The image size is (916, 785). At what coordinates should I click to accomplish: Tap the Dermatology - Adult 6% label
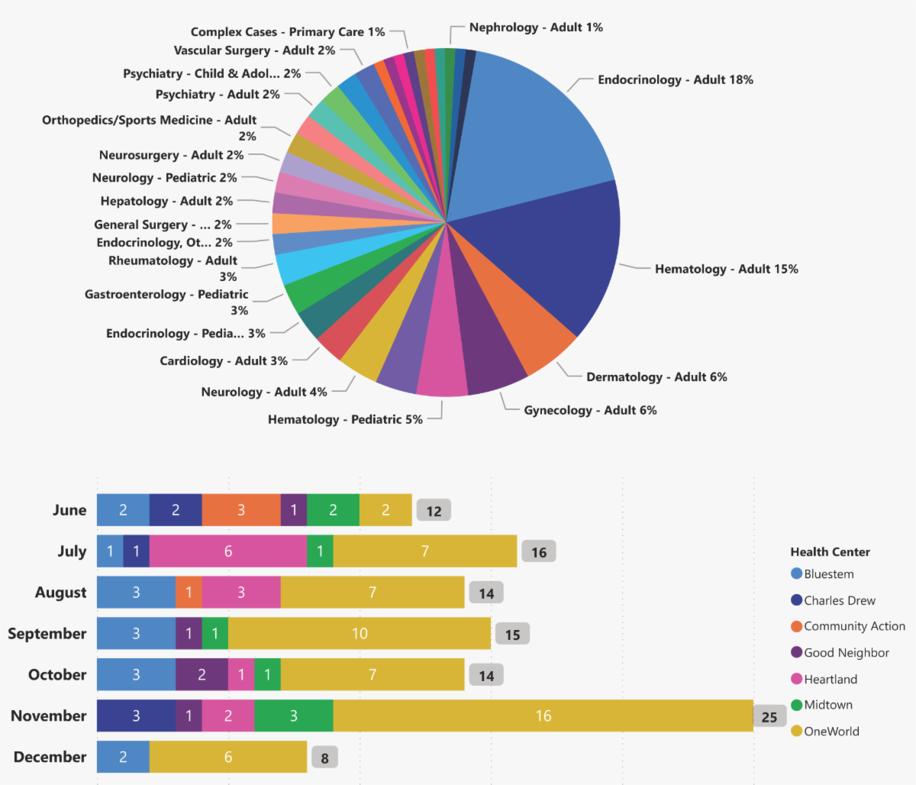[x=656, y=376]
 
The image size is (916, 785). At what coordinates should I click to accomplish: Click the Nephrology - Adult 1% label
[x=536, y=27]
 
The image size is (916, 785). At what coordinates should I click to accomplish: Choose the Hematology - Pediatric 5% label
[x=345, y=419]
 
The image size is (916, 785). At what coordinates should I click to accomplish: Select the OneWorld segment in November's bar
[x=543, y=716]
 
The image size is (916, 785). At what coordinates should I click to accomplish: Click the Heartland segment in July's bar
[x=227, y=551]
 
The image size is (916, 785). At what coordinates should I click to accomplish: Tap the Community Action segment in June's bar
[x=240, y=510]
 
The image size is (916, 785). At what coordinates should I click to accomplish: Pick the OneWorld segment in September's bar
[x=360, y=634]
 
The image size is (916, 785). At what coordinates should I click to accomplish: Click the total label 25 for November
[x=769, y=716]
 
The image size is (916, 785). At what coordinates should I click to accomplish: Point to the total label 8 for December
[x=324, y=758]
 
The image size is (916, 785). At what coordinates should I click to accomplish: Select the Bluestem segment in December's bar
[x=123, y=757]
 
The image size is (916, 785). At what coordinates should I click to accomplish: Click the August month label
[x=61, y=593]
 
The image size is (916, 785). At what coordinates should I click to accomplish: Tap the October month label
[x=57, y=675]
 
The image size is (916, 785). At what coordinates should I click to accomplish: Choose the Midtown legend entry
[x=827, y=705]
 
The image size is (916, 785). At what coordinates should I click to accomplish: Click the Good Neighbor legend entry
[x=846, y=653]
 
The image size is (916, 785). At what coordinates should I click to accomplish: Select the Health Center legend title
[x=830, y=552]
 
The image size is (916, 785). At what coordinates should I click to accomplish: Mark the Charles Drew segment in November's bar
[x=136, y=716]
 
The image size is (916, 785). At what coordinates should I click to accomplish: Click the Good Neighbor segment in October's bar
[x=202, y=675]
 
